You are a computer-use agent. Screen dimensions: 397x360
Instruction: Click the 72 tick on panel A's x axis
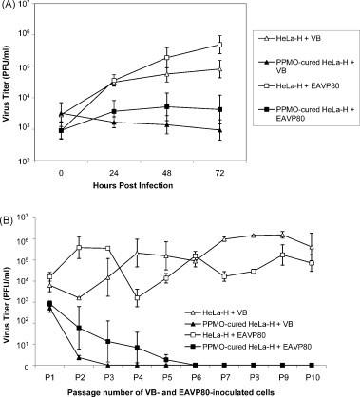(x=220, y=174)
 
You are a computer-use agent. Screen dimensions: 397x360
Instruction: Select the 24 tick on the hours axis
(x=114, y=174)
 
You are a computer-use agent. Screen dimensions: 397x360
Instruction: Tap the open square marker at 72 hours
(x=220, y=45)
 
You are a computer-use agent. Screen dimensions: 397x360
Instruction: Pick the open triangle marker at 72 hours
(x=220, y=68)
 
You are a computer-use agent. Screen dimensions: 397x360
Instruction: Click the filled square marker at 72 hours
(x=220, y=109)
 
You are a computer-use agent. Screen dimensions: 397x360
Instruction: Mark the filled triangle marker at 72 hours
(x=220, y=130)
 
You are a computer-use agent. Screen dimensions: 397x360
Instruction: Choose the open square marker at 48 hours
(x=167, y=58)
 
